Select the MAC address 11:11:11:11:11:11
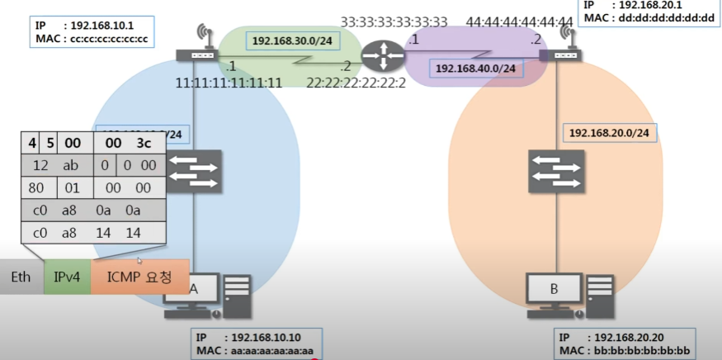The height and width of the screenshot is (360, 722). [x=229, y=83]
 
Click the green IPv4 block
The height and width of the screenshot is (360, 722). [x=67, y=277]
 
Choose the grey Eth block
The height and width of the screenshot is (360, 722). [x=21, y=277]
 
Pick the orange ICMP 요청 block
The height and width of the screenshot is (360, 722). [x=139, y=277]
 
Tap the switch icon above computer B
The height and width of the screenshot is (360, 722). [x=554, y=172]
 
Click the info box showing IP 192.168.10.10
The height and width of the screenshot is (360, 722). [x=256, y=344]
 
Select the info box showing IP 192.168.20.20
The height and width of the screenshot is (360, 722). [x=625, y=344]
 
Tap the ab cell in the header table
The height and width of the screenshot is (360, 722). [x=70, y=165]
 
